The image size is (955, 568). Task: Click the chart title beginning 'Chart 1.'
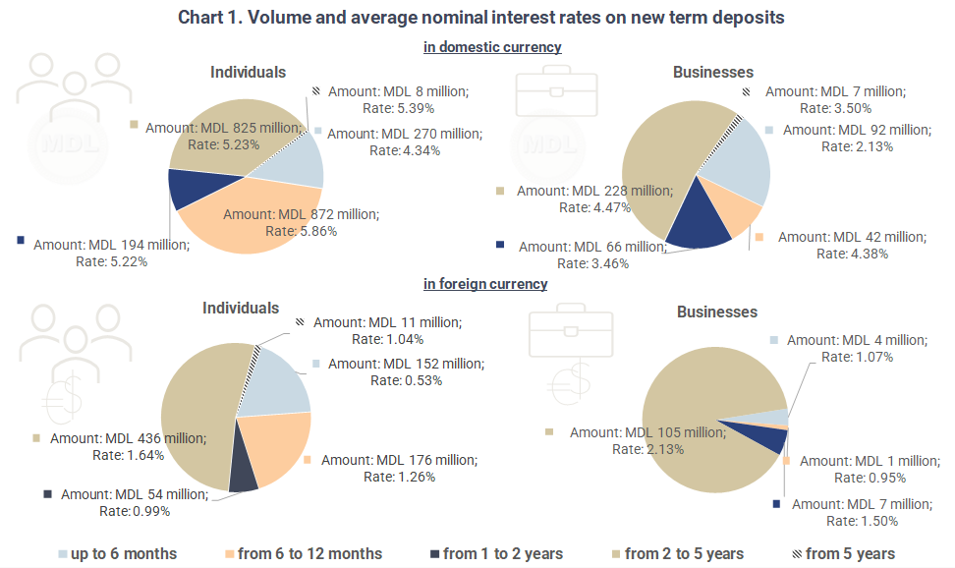point(481,18)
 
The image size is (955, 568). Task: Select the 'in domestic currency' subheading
point(492,46)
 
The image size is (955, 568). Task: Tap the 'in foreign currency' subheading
point(485,284)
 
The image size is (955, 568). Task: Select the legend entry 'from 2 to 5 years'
point(684,554)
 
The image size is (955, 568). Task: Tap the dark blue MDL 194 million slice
point(187,189)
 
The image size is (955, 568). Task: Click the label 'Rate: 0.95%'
point(870,478)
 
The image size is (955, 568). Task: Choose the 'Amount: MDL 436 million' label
point(129,438)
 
